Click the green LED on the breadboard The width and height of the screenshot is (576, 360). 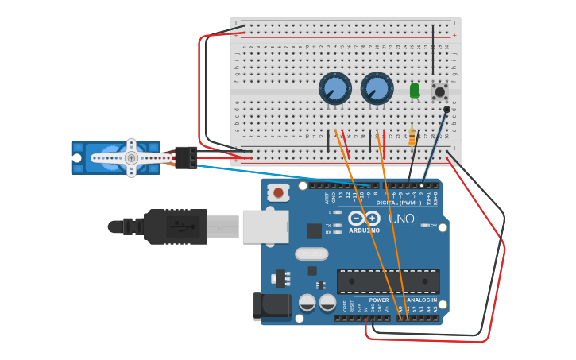pos(415,91)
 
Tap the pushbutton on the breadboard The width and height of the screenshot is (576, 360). pos(439,91)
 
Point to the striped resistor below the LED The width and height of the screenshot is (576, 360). pos(412,137)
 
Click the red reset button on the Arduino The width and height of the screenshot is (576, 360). pos(278,192)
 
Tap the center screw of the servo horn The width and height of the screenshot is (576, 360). pos(131,158)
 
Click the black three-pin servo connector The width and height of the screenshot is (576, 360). pos(187,157)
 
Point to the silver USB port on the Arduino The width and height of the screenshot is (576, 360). pos(265,226)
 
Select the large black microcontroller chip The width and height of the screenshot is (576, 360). pos(388,281)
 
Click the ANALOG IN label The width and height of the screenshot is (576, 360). pos(423,300)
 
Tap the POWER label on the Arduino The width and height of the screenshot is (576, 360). pos(379,300)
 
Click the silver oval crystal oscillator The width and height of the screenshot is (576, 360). pos(311,254)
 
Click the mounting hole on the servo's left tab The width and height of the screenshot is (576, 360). pos(77,158)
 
